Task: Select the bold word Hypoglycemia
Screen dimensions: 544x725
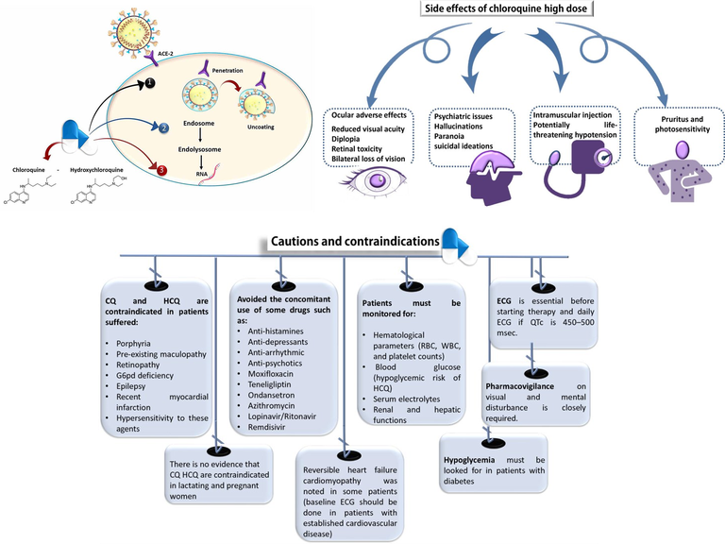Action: point(479,459)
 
